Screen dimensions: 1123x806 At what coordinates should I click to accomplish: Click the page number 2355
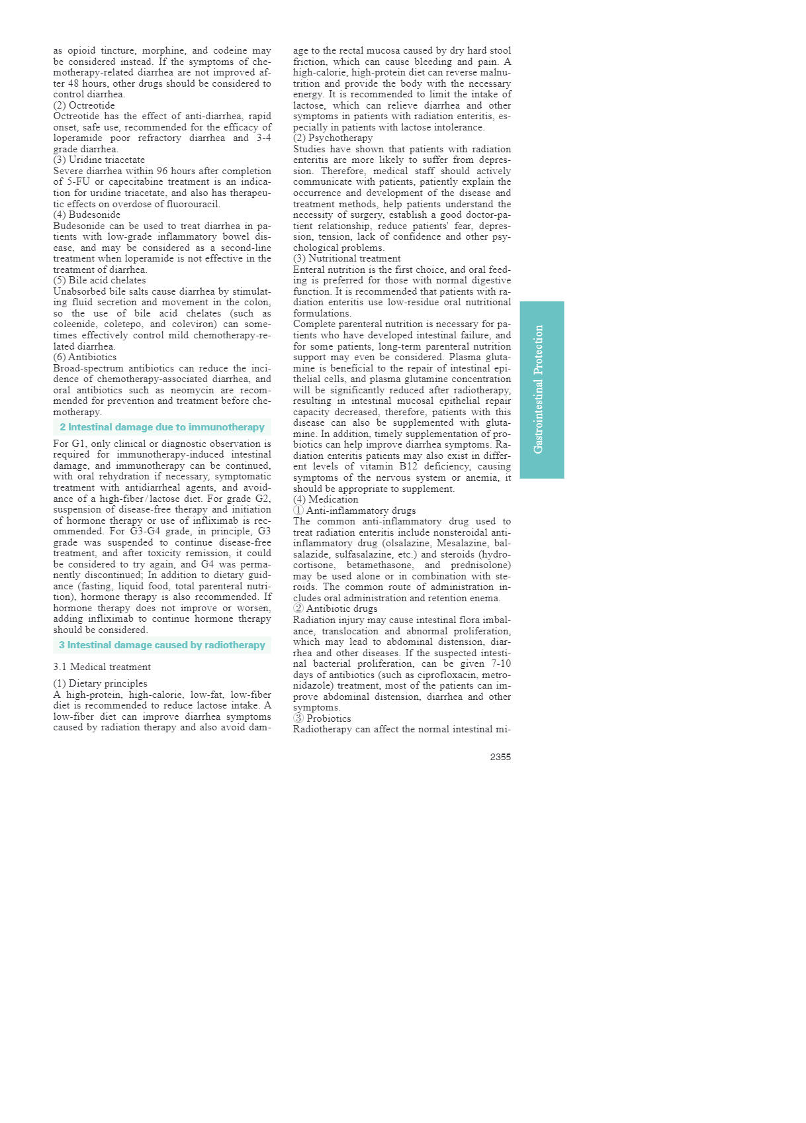point(500,757)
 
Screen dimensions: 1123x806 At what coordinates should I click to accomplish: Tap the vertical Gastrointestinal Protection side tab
point(541,389)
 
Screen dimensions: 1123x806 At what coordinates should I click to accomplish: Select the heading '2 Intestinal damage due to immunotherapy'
point(162,427)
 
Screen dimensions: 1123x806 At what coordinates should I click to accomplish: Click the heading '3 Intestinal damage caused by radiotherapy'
point(162,645)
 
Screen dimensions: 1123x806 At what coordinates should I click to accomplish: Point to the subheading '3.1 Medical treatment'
point(102,667)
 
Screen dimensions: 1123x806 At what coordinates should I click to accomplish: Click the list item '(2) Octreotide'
point(84,105)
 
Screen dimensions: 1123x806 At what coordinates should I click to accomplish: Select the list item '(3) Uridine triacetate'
point(99,160)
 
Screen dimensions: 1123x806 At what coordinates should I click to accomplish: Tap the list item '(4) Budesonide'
point(87,215)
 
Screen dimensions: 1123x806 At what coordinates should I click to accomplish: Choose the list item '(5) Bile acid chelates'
point(99,280)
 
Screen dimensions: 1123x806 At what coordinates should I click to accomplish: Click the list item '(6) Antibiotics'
point(85,357)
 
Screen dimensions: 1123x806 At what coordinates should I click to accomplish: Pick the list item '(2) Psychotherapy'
point(333,138)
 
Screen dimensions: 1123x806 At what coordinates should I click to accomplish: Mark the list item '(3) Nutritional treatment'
point(347,258)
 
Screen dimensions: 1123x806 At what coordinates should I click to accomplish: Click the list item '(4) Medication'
point(326,499)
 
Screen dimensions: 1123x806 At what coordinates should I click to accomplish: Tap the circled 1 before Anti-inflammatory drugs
point(298,511)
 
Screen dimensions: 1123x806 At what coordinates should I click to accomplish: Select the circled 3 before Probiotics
point(298,718)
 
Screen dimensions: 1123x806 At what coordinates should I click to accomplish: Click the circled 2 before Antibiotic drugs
point(298,609)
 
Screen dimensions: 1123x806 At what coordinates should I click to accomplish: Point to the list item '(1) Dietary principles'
point(101,683)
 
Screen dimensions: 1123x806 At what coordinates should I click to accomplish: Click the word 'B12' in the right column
point(408,466)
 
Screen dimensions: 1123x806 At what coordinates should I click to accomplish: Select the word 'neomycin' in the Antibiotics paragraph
point(192,390)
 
